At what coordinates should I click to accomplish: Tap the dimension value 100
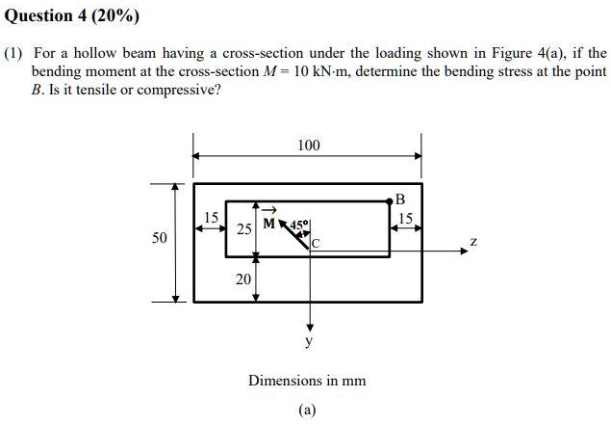308,146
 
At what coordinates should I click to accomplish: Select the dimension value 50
160,237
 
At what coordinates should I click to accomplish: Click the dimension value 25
244,229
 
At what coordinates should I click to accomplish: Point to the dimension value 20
243,278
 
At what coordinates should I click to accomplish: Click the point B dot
390,200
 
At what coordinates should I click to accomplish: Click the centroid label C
315,245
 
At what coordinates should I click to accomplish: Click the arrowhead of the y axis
309,326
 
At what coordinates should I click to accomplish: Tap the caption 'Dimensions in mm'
307,380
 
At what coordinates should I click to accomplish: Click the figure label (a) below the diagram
307,409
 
